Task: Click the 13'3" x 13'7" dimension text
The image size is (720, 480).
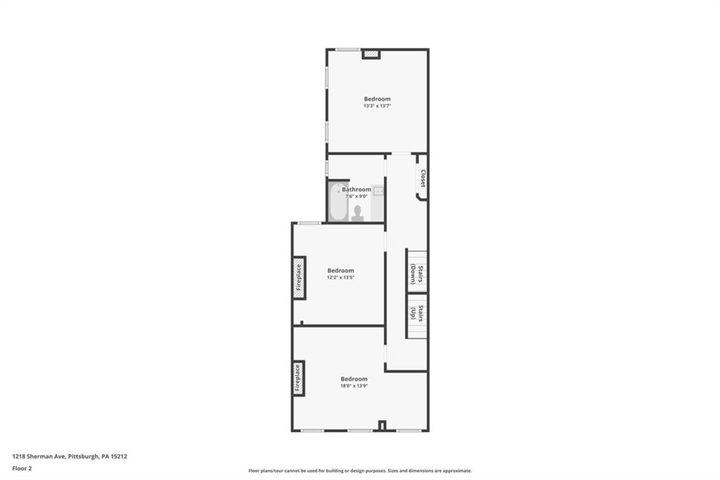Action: click(x=377, y=106)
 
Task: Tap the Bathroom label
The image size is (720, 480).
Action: click(x=356, y=189)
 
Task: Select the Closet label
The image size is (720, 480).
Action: click(x=423, y=179)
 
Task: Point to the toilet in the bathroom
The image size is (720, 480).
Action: click(x=357, y=212)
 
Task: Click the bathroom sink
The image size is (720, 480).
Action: click(x=378, y=191)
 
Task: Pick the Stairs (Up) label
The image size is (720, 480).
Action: click(x=417, y=313)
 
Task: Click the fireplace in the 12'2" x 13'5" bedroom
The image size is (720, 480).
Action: click(x=298, y=274)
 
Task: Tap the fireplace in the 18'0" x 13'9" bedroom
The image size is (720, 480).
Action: click(x=298, y=378)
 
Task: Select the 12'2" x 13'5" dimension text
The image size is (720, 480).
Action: click(x=340, y=277)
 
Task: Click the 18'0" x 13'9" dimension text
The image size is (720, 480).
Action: click(x=354, y=386)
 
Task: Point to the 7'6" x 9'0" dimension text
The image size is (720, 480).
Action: click(x=356, y=196)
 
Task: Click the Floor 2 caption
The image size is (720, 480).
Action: click(x=22, y=467)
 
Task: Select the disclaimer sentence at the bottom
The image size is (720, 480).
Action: click(x=359, y=471)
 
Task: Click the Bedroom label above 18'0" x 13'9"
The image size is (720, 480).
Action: click(x=354, y=379)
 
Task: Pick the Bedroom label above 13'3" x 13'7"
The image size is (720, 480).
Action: click(x=377, y=99)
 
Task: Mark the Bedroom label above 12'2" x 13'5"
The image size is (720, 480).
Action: click(x=340, y=270)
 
